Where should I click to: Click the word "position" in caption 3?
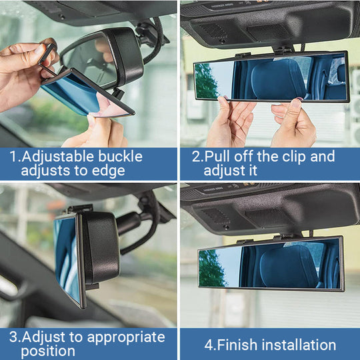point(47,351)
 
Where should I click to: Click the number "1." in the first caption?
point(14,157)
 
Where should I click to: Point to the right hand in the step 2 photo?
point(293,123)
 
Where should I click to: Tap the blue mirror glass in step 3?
point(66,257)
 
